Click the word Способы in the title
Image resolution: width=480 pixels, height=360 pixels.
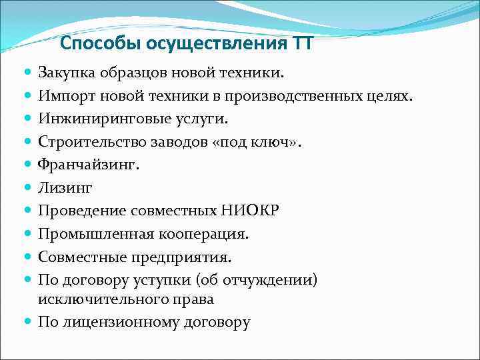point(96,45)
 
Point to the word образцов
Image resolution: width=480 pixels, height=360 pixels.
point(132,72)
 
